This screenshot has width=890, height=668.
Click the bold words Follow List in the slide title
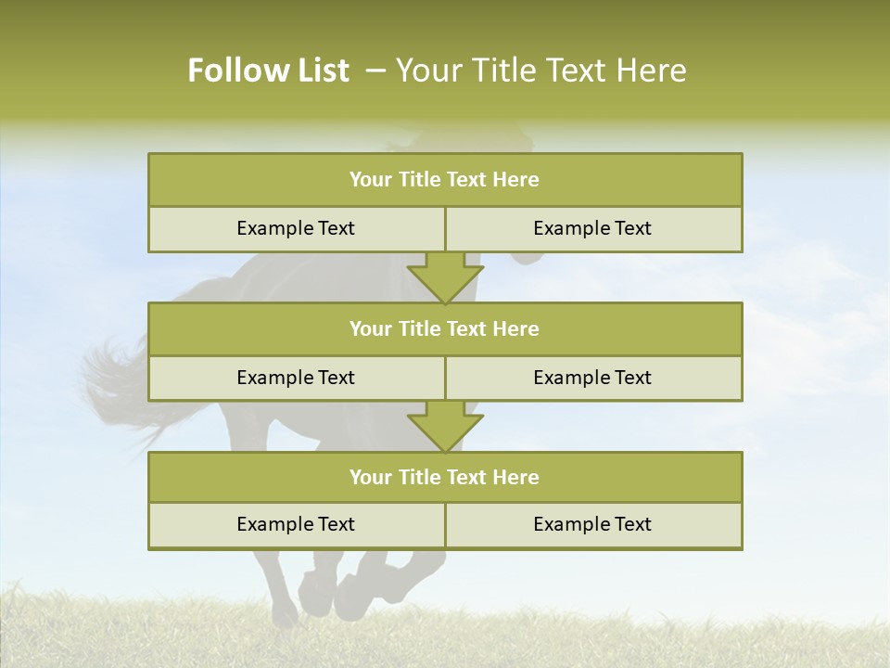point(268,71)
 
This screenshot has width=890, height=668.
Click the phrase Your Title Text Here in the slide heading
point(541,71)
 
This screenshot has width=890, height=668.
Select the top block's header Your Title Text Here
point(444,180)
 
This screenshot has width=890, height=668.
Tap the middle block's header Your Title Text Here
point(444,329)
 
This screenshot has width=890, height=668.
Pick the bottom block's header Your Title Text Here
point(444,478)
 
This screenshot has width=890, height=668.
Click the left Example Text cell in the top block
point(296,229)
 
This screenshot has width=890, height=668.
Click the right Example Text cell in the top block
point(592,229)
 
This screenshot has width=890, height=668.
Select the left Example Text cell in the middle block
point(296,379)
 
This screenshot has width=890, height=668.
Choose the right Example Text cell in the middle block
point(592,379)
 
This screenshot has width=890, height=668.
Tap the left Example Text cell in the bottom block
point(296,525)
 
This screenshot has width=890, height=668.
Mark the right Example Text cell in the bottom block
point(592,525)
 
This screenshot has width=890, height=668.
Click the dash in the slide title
point(375,71)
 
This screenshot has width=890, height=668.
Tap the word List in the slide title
point(317,71)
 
